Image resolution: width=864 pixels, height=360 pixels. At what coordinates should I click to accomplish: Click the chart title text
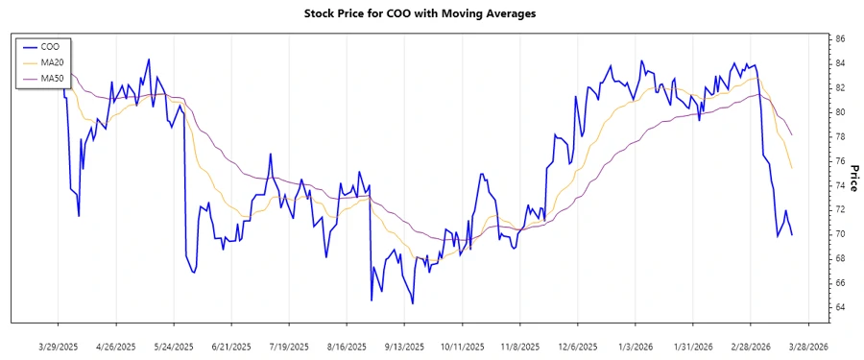click(420, 14)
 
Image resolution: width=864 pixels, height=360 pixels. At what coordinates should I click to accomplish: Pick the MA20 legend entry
click(54, 62)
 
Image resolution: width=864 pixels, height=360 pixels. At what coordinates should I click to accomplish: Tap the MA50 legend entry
click(54, 78)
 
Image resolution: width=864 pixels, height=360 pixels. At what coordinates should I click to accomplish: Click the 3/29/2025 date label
click(59, 346)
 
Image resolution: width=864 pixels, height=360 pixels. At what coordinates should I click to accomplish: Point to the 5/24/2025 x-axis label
click(174, 346)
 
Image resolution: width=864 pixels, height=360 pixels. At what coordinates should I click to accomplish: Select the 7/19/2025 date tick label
click(289, 346)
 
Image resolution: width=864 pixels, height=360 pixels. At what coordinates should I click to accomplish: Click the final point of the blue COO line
click(792, 234)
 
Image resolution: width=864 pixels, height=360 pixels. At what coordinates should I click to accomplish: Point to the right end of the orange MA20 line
click(792, 168)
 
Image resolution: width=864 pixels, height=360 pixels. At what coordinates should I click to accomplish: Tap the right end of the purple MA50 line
click(792, 135)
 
